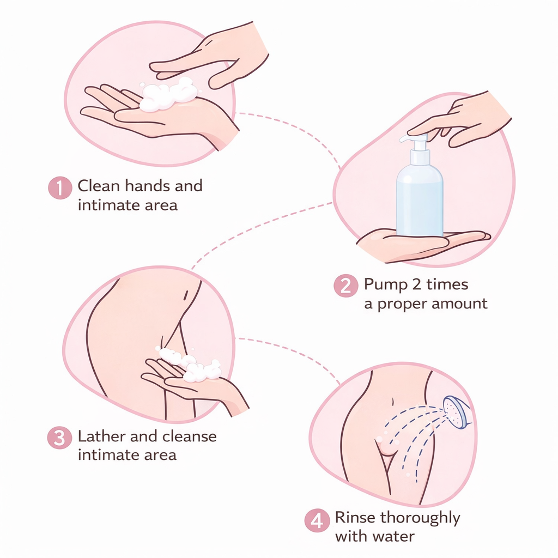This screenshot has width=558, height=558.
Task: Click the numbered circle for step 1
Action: [60, 188]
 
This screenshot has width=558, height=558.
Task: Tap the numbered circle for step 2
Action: [346, 286]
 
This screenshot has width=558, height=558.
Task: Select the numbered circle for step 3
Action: [59, 438]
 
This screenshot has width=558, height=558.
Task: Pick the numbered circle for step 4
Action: [317, 520]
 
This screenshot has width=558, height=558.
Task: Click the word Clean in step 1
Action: [99, 186]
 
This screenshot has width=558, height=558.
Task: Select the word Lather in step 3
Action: [101, 436]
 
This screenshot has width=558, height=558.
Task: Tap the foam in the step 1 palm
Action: [168, 94]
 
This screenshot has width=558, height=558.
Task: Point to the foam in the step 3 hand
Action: [190, 365]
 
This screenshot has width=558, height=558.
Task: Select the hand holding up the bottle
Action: [423, 246]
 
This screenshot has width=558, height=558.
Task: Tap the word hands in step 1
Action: [147, 186]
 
